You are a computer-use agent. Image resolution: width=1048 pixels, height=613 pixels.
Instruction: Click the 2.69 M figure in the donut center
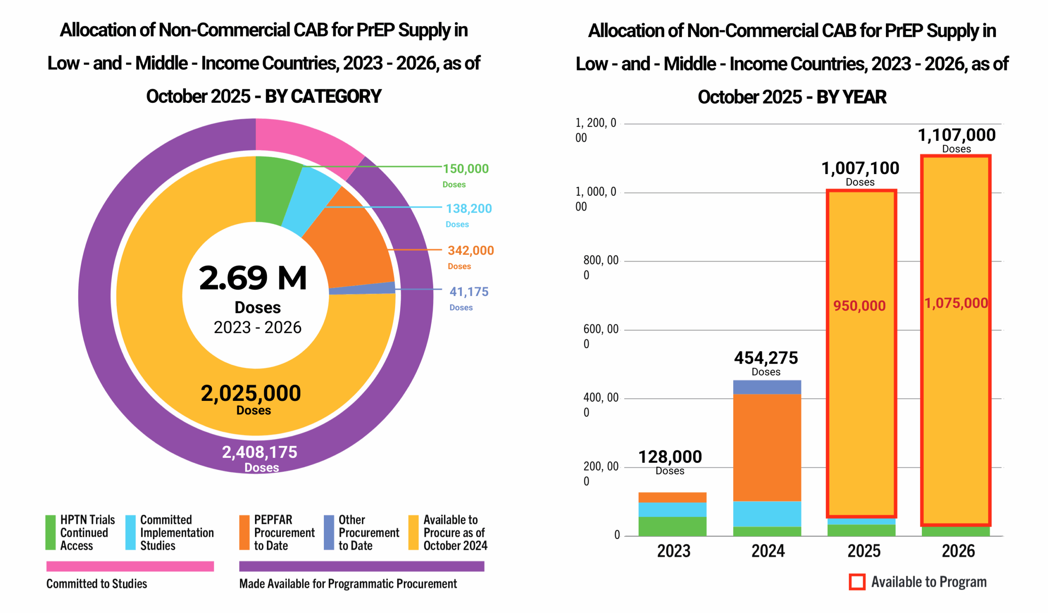(x=253, y=278)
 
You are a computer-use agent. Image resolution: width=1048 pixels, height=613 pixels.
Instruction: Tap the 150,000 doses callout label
(x=465, y=169)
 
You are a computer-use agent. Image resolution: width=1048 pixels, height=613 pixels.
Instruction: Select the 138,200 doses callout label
(x=469, y=208)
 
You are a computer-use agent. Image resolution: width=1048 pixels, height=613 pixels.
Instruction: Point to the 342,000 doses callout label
(x=470, y=250)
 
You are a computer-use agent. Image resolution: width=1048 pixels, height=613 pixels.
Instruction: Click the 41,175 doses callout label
(x=469, y=292)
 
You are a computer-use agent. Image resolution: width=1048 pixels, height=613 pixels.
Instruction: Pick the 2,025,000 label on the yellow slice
(x=251, y=394)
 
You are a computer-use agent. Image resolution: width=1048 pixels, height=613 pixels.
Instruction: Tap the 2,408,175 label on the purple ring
(x=260, y=452)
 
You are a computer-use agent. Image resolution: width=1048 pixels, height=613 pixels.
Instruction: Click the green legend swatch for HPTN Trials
(x=50, y=532)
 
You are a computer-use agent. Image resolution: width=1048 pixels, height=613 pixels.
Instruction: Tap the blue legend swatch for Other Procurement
(x=329, y=532)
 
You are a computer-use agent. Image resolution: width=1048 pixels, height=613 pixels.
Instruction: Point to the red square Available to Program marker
(x=857, y=582)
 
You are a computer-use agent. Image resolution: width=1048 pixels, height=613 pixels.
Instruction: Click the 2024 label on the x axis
(x=768, y=551)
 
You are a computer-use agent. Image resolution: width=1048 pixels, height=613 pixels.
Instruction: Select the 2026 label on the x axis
(x=958, y=551)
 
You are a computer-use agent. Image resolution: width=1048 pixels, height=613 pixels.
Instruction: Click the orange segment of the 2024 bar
(x=767, y=447)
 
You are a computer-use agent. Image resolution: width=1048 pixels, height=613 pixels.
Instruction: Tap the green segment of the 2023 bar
(x=672, y=526)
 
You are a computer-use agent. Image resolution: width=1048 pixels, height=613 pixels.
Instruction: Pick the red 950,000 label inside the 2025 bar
(x=859, y=305)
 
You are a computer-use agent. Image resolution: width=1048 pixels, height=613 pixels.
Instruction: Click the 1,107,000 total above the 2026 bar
(x=957, y=135)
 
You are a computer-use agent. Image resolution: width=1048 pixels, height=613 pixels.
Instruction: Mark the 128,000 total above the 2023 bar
(x=670, y=457)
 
